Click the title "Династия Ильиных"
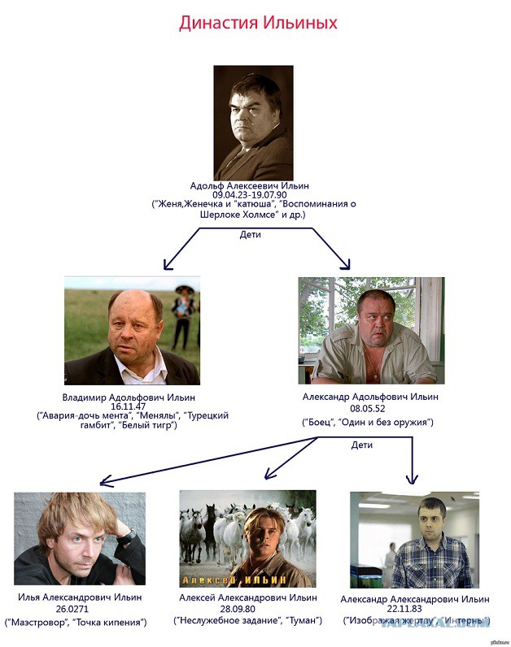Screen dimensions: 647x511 click(258, 23)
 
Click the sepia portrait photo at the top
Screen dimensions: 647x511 click(253, 122)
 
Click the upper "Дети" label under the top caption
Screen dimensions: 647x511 click(251, 234)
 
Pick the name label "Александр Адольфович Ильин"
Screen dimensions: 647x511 click(371, 397)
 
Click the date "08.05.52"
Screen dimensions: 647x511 click(371, 410)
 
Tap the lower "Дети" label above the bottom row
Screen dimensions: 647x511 click(362, 445)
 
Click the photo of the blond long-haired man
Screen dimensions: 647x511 click(79, 538)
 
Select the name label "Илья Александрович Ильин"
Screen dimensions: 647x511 click(79, 597)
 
